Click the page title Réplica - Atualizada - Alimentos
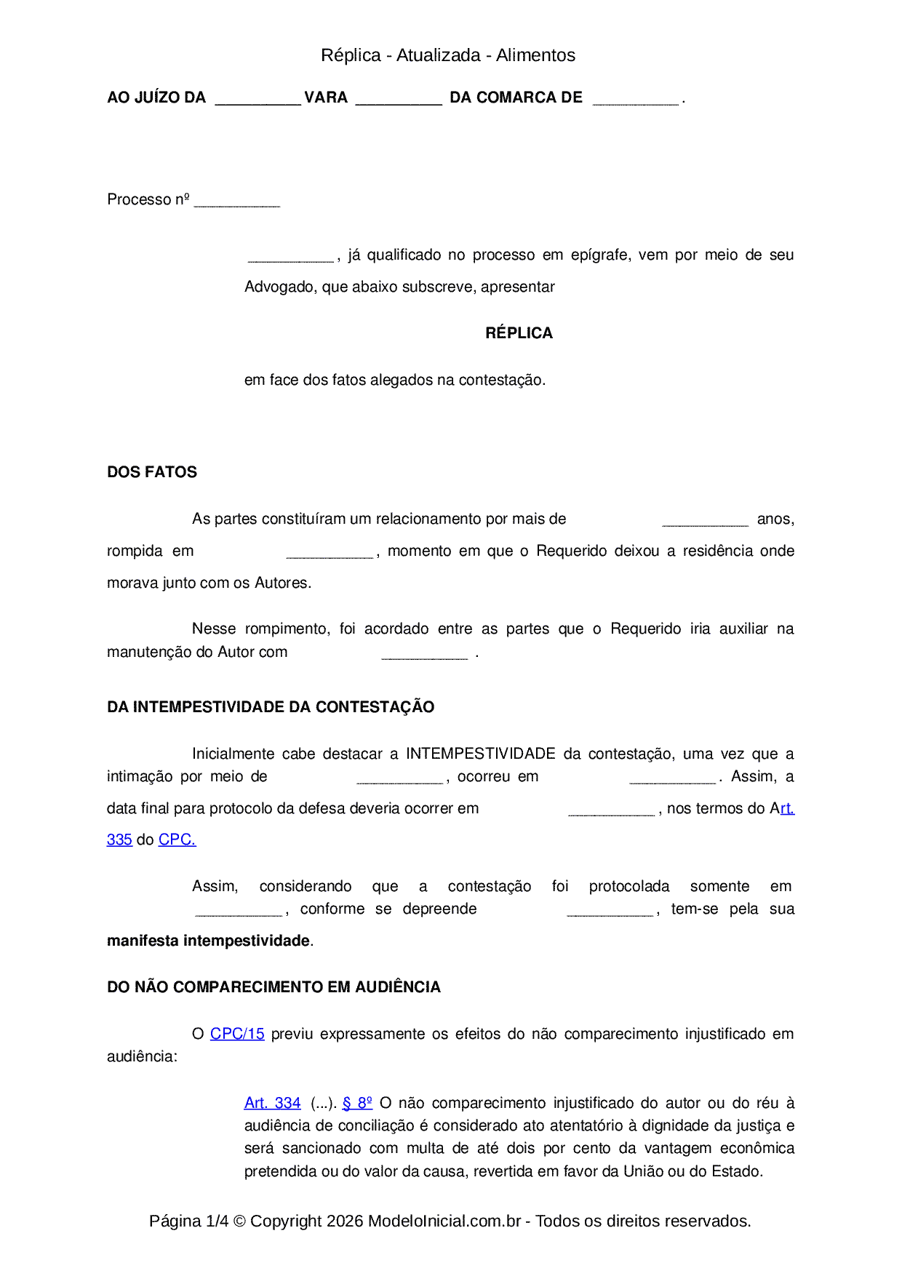(x=447, y=55)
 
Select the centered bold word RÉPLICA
(x=519, y=333)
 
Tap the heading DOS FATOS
(x=152, y=472)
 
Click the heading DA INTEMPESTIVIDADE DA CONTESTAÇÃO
(x=271, y=707)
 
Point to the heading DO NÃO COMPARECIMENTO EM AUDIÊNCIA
(x=274, y=987)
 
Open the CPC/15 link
(x=237, y=1034)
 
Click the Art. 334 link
(x=272, y=1103)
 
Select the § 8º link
(x=357, y=1103)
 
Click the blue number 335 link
(x=119, y=840)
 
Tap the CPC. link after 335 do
(x=177, y=840)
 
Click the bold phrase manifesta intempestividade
(x=208, y=941)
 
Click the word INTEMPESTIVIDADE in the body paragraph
(x=480, y=754)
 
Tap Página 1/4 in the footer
(x=188, y=1221)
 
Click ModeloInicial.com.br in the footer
(x=444, y=1221)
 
